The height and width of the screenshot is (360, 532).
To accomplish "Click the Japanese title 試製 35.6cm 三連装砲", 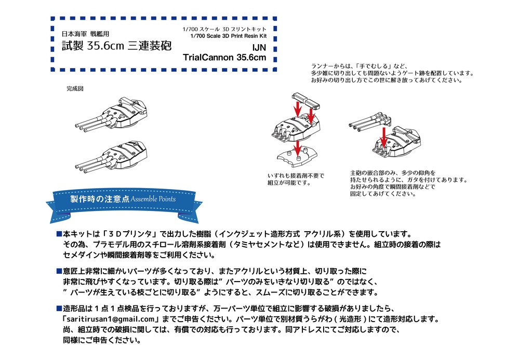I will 116,46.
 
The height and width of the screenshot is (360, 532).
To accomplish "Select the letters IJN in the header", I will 258,47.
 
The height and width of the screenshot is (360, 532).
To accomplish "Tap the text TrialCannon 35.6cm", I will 224,58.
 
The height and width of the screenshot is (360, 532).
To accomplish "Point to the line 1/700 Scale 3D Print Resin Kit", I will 229,36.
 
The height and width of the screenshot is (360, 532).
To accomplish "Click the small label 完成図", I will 75,89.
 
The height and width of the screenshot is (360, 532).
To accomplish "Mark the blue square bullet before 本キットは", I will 59,234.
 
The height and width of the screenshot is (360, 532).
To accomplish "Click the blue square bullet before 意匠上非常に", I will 59,271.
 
